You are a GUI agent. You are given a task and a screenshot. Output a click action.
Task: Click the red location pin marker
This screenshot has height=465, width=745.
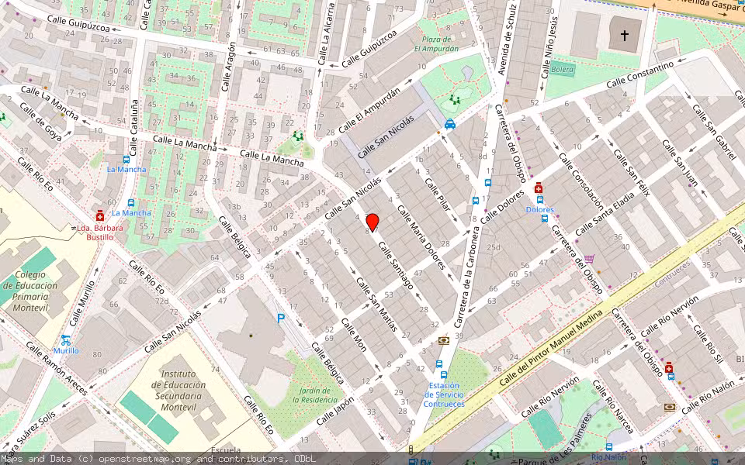(372, 222)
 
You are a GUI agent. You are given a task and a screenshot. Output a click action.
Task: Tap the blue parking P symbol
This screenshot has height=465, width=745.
(281, 318)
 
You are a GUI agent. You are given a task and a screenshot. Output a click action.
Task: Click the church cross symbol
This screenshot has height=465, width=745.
(625, 35)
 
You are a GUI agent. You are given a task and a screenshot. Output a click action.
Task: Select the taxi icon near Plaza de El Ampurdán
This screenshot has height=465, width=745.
(450, 124)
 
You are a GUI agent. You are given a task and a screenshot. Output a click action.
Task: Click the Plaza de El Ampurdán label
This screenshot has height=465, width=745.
(436, 43)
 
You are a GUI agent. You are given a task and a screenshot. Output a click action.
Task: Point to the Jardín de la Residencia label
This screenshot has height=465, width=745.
(317, 394)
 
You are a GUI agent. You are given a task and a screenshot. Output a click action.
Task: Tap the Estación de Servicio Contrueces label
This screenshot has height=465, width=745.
(444, 394)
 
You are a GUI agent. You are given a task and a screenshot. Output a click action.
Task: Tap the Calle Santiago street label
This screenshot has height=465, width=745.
(396, 264)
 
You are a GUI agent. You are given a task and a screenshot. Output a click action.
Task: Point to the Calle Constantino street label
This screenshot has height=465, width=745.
(639, 75)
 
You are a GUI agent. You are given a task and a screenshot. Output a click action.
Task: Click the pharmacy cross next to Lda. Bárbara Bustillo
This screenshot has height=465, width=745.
(99, 217)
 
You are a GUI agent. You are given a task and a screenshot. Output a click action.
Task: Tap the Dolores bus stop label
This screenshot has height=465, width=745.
(540, 210)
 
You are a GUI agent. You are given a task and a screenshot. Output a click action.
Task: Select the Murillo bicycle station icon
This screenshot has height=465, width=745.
(66, 339)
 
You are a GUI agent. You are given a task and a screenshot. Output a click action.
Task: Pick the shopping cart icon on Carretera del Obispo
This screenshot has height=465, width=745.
(590, 259)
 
